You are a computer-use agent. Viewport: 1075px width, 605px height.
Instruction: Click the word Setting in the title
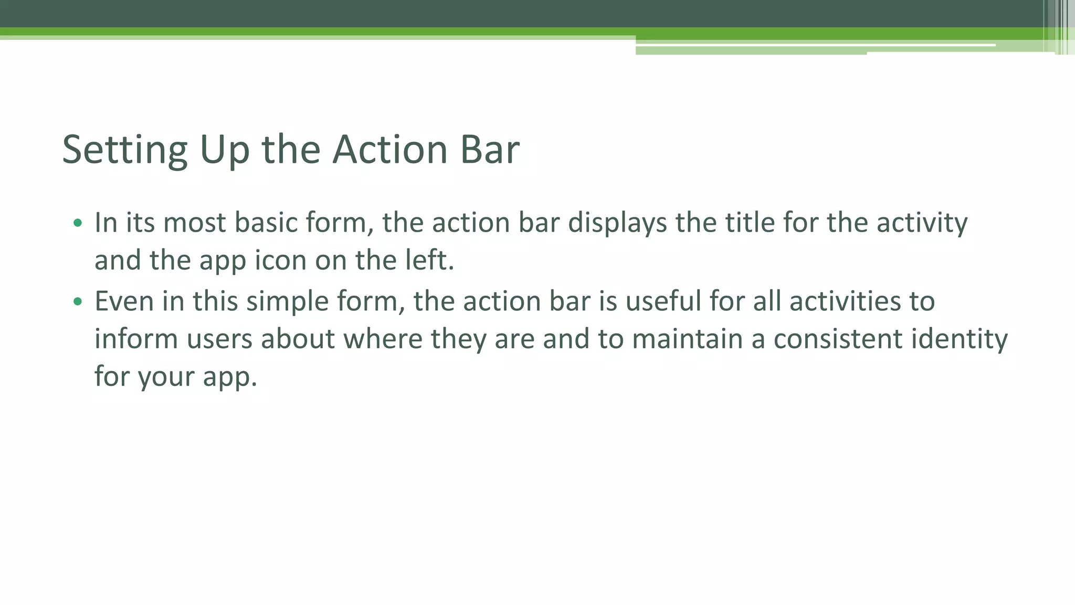tap(125, 150)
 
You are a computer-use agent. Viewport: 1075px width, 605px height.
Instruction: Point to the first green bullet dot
tap(78, 223)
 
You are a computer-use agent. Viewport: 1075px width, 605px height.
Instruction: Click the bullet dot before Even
tap(78, 301)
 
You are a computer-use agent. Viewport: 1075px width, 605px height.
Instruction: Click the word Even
tap(124, 301)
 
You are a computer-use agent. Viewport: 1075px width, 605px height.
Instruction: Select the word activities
tap(837, 301)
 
